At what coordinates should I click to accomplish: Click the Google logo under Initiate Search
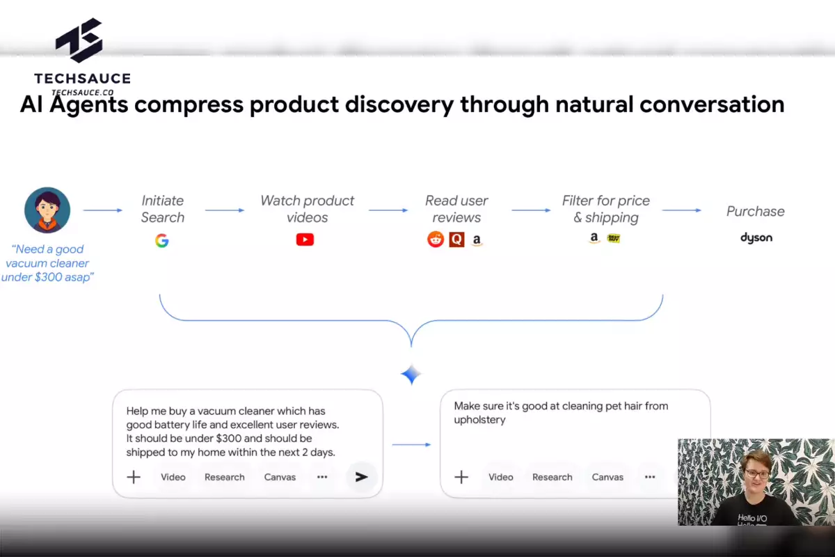(161, 241)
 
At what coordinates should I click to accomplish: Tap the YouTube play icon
(305, 240)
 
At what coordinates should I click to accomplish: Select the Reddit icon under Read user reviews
(436, 239)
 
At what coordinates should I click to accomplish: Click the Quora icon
(456, 240)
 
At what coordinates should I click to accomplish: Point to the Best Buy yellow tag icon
(614, 238)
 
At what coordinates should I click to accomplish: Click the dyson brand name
(756, 237)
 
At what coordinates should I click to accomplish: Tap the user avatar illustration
(47, 210)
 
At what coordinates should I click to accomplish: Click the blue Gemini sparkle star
(411, 374)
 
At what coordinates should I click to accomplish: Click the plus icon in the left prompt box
(134, 477)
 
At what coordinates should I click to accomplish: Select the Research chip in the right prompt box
(552, 477)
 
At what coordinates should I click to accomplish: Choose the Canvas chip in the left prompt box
(280, 477)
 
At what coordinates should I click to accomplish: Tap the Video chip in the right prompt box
(500, 477)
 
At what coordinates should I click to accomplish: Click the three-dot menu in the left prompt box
(322, 477)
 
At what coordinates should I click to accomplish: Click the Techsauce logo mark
(79, 40)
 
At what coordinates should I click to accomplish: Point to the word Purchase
(756, 212)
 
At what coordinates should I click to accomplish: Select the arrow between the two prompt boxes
(411, 445)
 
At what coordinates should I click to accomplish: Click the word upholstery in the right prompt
(479, 420)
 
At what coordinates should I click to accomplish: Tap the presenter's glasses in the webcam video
(757, 474)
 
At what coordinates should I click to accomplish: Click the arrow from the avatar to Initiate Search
(102, 210)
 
